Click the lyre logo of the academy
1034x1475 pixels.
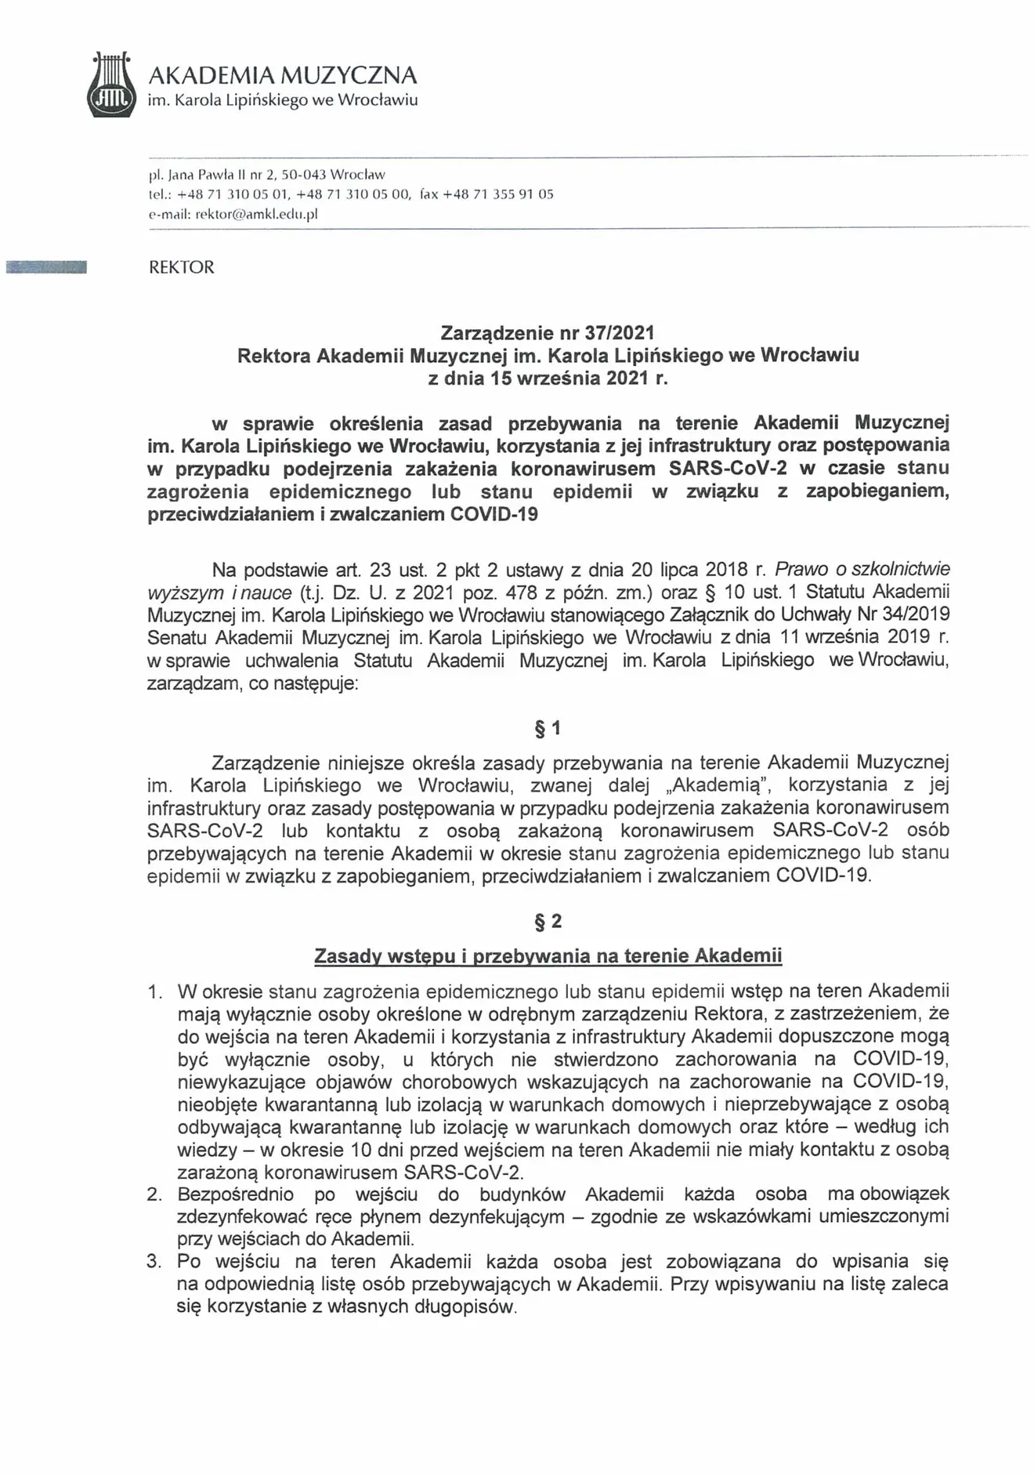click(110, 85)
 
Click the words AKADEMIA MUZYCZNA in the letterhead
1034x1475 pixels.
click(283, 75)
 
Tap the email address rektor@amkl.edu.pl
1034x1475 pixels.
click(256, 214)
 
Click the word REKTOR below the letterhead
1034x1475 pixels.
click(181, 267)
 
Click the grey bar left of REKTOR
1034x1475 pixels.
click(45, 267)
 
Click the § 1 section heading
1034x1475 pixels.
click(548, 729)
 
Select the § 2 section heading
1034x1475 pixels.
click(548, 921)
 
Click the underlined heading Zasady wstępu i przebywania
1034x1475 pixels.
click(548, 955)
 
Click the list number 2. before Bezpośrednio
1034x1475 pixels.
click(155, 1194)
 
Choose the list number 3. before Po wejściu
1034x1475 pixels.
click(155, 1262)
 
